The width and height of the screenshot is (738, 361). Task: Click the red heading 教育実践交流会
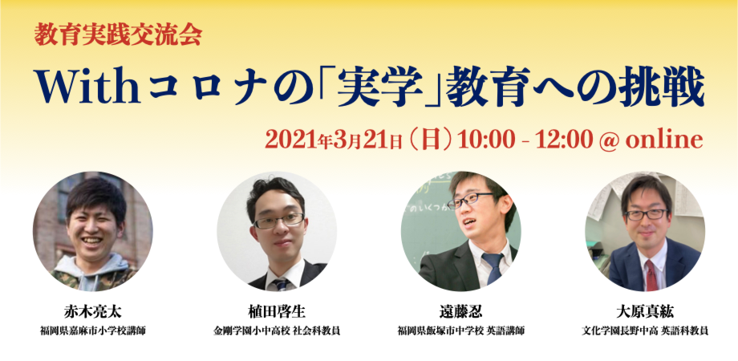point(118,34)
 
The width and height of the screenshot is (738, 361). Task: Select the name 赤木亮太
point(92,312)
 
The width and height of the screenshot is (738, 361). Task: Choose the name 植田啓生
point(276,312)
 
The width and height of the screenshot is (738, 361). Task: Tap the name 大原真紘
point(645,312)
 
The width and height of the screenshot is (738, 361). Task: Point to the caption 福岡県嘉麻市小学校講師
point(92,330)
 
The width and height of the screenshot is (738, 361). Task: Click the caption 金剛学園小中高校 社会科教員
point(276,330)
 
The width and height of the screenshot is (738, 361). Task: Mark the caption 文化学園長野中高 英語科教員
point(645,330)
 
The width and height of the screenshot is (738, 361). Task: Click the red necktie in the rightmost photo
point(651,274)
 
